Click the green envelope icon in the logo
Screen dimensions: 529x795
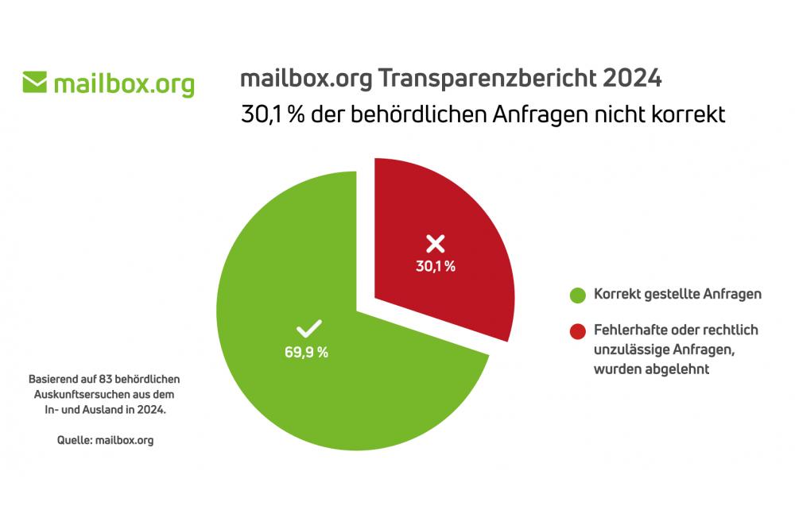pos(35,82)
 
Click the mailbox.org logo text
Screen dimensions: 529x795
pos(123,83)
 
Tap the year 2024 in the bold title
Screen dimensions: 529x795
pos(632,79)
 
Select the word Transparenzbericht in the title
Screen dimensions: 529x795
pos(487,79)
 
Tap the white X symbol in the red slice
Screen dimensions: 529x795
pos(435,244)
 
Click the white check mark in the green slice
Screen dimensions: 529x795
pos(308,329)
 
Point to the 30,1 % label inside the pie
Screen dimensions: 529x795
pos(436,267)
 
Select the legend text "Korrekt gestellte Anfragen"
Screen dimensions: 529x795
pos(678,294)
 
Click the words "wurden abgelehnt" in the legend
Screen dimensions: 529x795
pos(652,369)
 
